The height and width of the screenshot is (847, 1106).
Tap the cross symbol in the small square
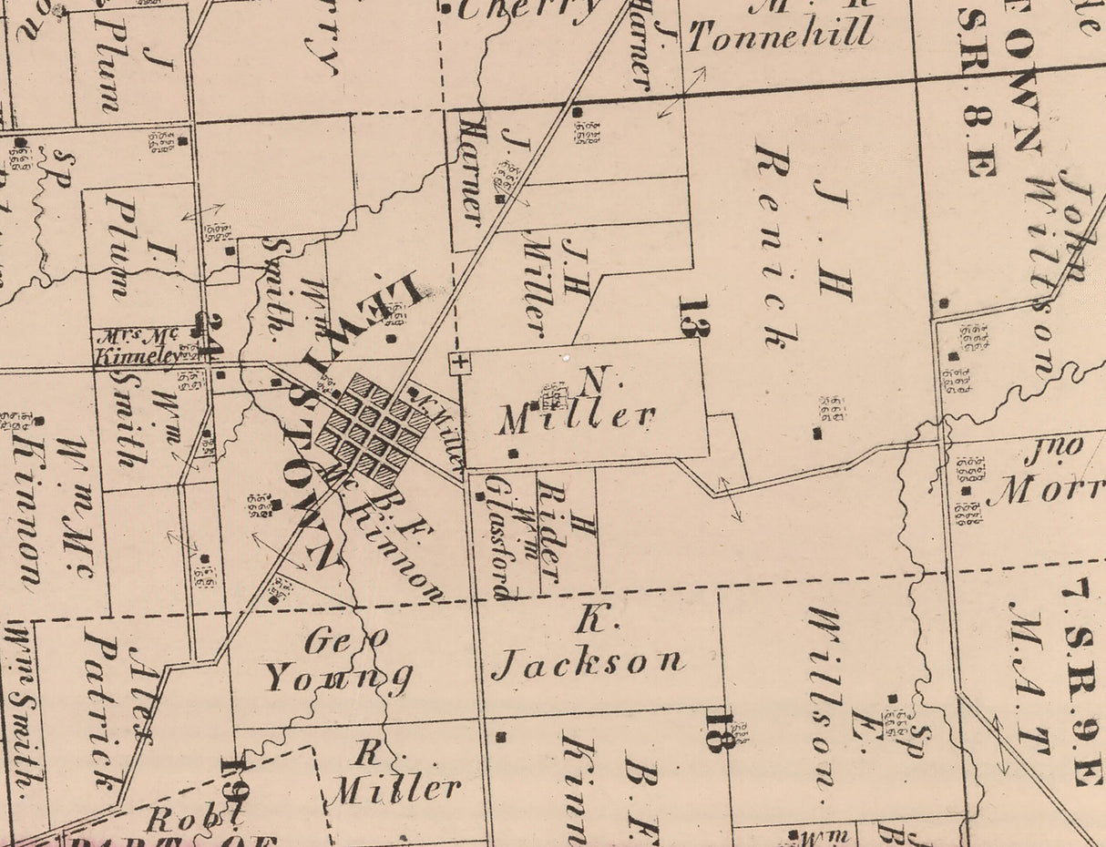(460, 363)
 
